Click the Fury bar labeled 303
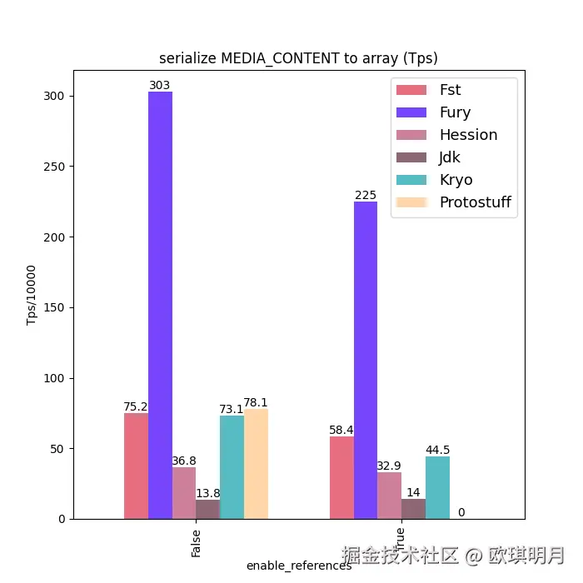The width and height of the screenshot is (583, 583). pyautogui.click(x=160, y=305)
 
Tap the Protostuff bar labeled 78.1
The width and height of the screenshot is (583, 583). pyautogui.click(x=256, y=463)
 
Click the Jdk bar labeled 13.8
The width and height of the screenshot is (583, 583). pyautogui.click(x=207, y=509)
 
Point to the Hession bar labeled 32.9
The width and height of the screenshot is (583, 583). pyautogui.click(x=389, y=496)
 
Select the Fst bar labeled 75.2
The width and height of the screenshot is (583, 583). pyautogui.click(x=136, y=466)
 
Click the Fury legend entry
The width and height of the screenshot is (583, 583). pyautogui.click(x=455, y=112)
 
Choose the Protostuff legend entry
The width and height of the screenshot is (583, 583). pyautogui.click(x=475, y=202)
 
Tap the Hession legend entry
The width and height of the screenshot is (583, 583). pyautogui.click(x=468, y=135)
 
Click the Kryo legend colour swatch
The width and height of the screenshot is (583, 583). pyautogui.click(x=411, y=180)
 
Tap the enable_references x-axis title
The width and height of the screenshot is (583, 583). pyautogui.click(x=299, y=566)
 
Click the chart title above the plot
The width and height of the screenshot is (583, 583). pyautogui.click(x=298, y=58)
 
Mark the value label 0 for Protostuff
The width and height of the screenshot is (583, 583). pyautogui.click(x=461, y=512)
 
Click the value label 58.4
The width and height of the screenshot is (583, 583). pyautogui.click(x=341, y=430)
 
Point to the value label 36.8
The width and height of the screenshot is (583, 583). pyautogui.click(x=184, y=461)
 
